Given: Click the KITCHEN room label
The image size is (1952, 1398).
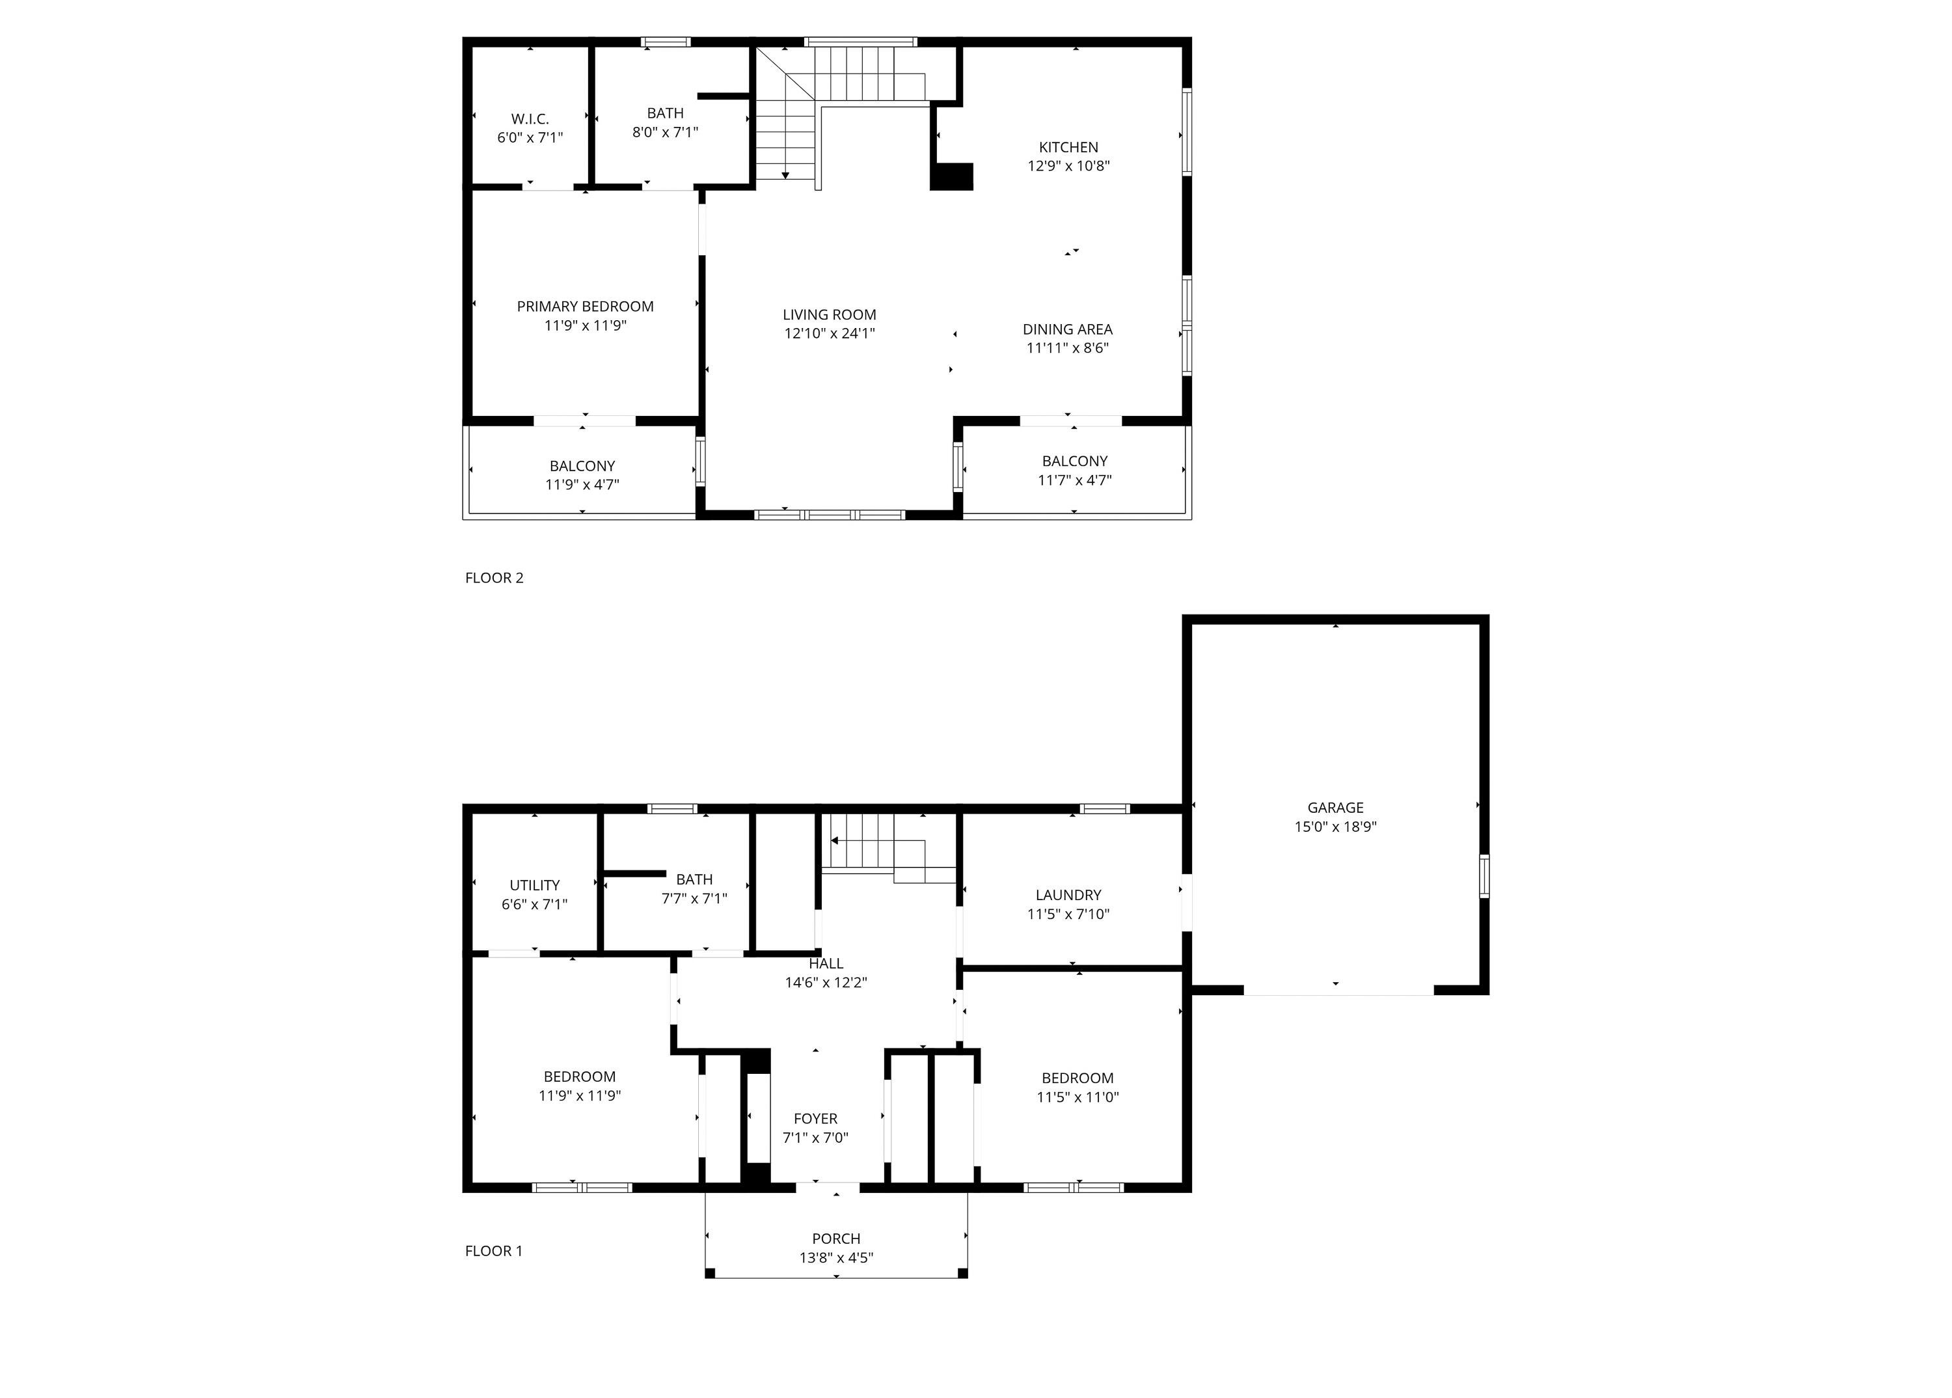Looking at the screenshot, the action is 1068,147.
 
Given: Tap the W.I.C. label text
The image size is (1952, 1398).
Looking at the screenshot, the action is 530,119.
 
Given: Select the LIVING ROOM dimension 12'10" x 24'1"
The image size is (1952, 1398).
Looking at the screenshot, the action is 830,334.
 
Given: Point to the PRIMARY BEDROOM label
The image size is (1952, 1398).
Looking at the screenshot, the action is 585,307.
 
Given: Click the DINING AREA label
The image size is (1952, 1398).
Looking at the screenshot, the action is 1067,329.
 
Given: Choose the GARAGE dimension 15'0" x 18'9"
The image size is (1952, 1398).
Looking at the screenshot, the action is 1336,827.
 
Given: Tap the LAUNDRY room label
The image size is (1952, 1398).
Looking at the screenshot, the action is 1068,896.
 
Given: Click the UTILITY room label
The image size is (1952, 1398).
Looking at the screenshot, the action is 534,885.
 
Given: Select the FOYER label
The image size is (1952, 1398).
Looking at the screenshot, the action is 815,1119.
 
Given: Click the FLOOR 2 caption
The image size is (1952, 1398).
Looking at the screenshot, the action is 494,578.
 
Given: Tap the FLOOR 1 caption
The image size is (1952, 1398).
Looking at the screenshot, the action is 494,1251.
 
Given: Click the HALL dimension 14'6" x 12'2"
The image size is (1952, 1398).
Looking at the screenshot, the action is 826,982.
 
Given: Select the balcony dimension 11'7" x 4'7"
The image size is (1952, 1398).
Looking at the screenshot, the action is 1075,480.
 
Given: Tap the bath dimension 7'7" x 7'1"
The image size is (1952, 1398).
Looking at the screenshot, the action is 694,899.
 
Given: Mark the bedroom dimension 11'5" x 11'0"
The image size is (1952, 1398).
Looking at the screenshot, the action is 1078,1097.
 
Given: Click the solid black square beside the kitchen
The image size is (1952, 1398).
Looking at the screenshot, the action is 952,176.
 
